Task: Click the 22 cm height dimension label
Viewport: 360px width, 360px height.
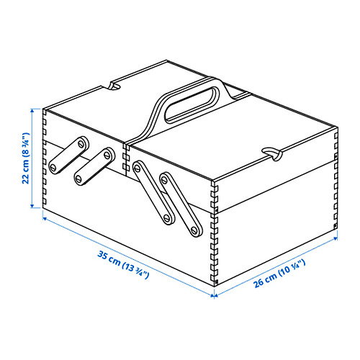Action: pos(25,158)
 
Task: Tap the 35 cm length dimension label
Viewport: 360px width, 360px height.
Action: pos(123,265)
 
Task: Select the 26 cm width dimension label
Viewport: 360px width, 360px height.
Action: pos(279,274)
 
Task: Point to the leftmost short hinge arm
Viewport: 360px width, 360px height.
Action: pos(68,155)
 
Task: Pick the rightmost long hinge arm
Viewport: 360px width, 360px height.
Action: pos(181,204)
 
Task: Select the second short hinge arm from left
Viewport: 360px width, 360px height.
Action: pos(94,166)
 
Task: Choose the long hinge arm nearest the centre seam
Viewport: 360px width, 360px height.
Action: pos(154,193)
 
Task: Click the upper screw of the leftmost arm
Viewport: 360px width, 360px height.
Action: pos(82,144)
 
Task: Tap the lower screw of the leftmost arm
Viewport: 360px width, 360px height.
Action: pos(53,167)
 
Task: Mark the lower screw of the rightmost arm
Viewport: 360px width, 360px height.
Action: pos(195,230)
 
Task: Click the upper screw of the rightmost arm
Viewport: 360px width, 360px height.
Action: pos(165,179)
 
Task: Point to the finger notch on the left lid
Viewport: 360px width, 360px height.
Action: pos(114,86)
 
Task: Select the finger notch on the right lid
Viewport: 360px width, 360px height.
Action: pos(271,153)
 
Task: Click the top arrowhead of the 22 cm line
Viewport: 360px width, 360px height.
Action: pos(32,110)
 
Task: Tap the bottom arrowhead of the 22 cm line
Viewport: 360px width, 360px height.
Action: pos(32,206)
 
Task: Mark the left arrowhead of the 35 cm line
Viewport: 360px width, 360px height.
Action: pos(45,218)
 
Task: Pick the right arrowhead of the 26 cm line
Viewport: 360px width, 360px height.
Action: pos(336,238)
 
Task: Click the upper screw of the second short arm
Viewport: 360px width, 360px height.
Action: pos(107,155)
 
